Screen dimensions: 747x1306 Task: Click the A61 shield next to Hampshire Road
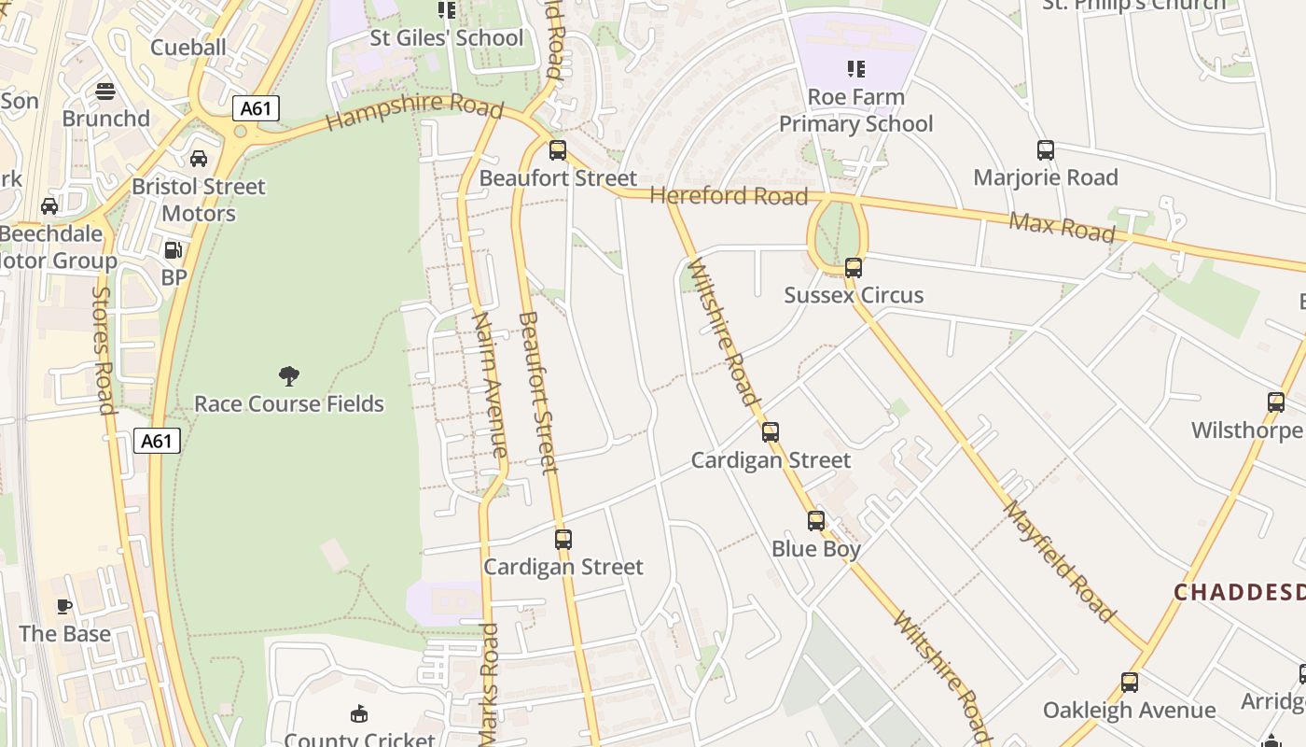(x=256, y=108)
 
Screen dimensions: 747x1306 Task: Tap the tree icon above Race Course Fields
(x=289, y=376)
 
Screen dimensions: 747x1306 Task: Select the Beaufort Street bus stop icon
(x=558, y=150)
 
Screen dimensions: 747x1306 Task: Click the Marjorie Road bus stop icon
(x=1046, y=150)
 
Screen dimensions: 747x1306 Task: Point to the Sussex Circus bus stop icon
(x=854, y=268)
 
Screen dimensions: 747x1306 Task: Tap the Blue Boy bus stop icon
(x=816, y=521)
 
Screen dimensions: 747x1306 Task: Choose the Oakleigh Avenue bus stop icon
(x=1130, y=683)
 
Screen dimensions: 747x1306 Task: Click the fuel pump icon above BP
(x=174, y=250)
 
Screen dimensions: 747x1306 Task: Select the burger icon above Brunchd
(x=105, y=92)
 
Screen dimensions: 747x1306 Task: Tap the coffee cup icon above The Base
(x=64, y=607)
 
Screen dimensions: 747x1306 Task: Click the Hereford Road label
(x=729, y=196)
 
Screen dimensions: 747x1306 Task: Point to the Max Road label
(x=1062, y=226)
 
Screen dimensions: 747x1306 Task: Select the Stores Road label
(x=103, y=349)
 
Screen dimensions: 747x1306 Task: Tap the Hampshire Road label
(x=415, y=110)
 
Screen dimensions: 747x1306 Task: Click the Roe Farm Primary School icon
(x=855, y=69)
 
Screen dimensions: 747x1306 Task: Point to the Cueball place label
(x=188, y=48)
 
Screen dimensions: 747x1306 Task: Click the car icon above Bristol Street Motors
(x=199, y=159)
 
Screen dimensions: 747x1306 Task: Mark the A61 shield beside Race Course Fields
(x=157, y=441)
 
